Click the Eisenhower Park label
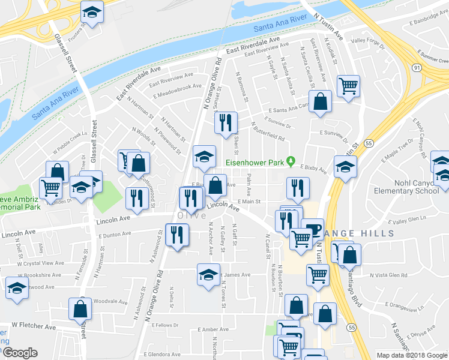pos(255,162)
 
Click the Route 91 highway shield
pos(416,68)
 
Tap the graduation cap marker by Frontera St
pos(92,13)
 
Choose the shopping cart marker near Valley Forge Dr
pos(348,87)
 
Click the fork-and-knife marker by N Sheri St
pos(226,124)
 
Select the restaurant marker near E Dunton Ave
pos(177,235)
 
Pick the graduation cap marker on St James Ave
pos(208,275)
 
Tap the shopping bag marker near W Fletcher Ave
pos(80,310)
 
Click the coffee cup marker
pos(312,229)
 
